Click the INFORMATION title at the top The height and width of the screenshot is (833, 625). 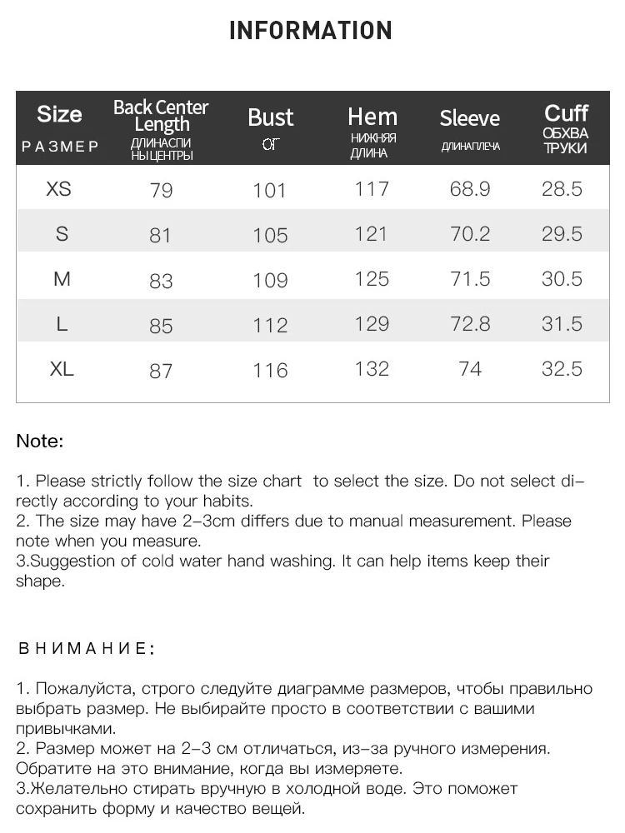(x=310, y=31)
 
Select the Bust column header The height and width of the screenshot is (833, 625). (x=270, y=117)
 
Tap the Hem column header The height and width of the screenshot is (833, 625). (x=372, y=117)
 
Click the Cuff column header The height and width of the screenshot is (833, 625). (x=566, y=113)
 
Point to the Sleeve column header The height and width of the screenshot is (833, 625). (x=469, y=118)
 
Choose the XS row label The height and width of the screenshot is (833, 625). (x=58, y=189)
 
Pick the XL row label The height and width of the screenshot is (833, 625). (x=62, y=369)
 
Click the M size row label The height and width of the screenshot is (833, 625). (x=62, y=279)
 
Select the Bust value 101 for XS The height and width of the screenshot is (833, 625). (x=269, y=191)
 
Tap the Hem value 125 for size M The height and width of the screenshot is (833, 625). (x=372, y=279)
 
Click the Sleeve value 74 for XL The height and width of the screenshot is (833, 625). (x=470, y=369)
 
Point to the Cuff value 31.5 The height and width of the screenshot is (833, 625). (x=562, y=324)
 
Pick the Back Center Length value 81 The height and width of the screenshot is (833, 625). (x=160, y=236)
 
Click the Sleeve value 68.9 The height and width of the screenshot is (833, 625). (x=470, y=189)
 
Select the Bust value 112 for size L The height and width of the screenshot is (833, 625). (x=270, y=326)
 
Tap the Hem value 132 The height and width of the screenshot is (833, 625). (x=372, y=369)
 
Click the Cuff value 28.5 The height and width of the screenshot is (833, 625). (x=562, y=189)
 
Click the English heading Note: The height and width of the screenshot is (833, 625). (x=40, y=441)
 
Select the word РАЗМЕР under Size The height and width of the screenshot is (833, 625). (x=60, y=147)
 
